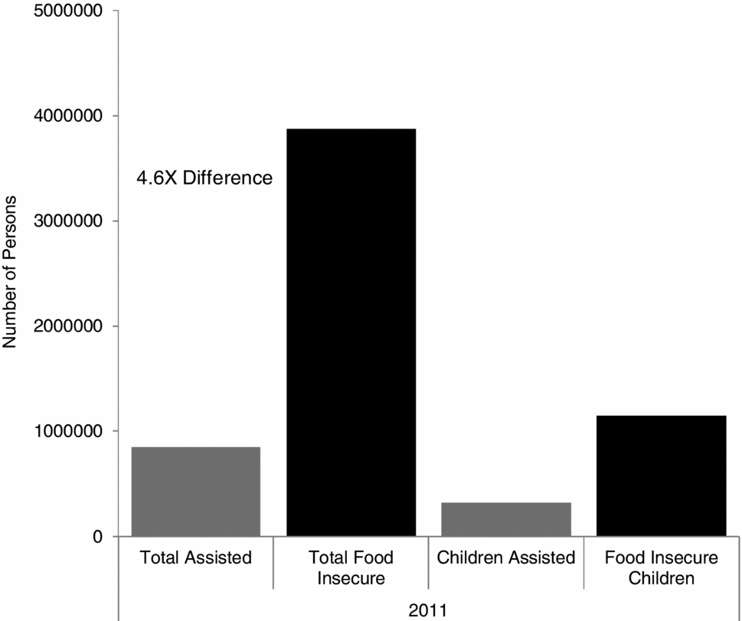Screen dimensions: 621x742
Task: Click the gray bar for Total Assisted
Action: pyautogui.click(x=196, y=491)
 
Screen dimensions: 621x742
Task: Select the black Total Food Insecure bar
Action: pyautogui.click(x=351, y=332)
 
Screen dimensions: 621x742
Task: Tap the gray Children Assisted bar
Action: pyautogui.click(x=506, y=518)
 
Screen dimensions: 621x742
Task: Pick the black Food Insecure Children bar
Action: pyautogui.click(x=661, y=476)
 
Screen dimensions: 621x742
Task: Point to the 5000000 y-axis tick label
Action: pyautogui.click(x=67, y=11)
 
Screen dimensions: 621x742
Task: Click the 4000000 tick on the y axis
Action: pyautogui.click(x=67, y=116)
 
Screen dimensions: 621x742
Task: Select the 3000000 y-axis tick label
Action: pyautogui.click(x=67, y=221)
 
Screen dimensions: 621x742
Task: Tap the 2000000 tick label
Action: pyautogui.click(x=67, y=326)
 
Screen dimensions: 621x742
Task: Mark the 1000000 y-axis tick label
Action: pyautogui.click(x=67, y=431)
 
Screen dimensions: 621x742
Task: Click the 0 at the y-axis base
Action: pyautogui.click(x=96, y=537)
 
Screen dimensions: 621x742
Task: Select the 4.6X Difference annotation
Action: pyautogui.click(x=204, y=178)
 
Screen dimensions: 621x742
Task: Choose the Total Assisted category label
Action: pyautogui.click(x=196, y=557)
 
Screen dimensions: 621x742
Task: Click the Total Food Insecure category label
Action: pyautogui.click(x=351, y=567)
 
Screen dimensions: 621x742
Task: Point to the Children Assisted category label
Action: pyautogui.click(x=506, y=557)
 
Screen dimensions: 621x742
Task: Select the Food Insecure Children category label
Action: pyautogui.click(x=661, y=567)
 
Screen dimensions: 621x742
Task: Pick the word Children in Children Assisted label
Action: pyautogui.click(x=470, y=557)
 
